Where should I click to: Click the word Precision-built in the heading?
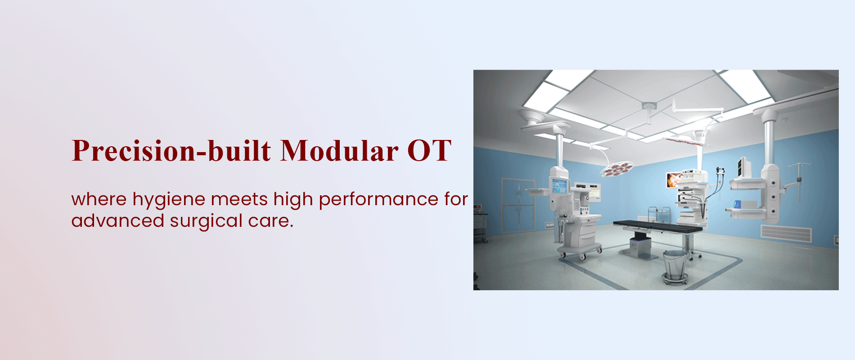tap(171, 150)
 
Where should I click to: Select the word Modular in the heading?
tap(339, 150)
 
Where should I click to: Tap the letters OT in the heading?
tap(429, 150)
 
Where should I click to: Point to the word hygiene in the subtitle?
tap(169, 200)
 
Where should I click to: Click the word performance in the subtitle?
tap(378, 200)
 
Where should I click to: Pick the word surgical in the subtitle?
tap(206, 221)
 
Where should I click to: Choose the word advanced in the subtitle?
tap(117, 220)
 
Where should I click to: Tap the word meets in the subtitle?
tap(239, 200)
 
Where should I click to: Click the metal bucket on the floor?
tap(675, 265)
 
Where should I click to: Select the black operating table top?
tap(657, 226)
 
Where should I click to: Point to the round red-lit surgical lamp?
tap(617, 169)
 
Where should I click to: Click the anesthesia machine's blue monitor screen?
tap(560, 186)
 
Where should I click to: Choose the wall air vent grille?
tap(786, 234)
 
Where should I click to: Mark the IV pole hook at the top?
tap(798, 165)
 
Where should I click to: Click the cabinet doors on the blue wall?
tap(517, 205)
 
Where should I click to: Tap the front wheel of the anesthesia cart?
tap(582, 257)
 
